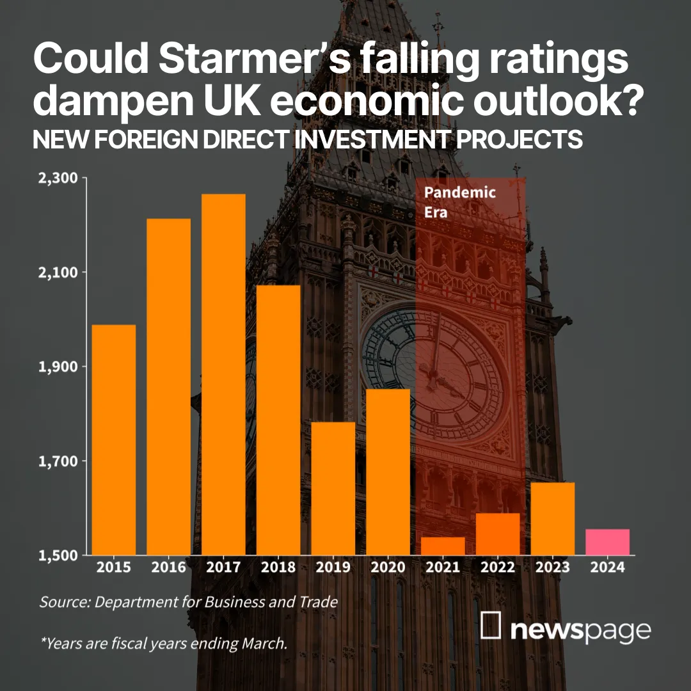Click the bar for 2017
pos(223,374)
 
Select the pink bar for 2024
pos(607,542)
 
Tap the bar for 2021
pos(443,546)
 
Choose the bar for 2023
pos(553,518)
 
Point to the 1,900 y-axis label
pos(55,367)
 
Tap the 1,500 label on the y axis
pos(55,555)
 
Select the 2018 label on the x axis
pos(278,568)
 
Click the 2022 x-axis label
pos(498,568)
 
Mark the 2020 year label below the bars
pos(388,568)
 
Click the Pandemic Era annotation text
pos(459,202)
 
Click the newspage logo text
pos(581,630)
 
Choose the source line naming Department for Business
pos(188,602)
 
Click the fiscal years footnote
pos(163,643)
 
